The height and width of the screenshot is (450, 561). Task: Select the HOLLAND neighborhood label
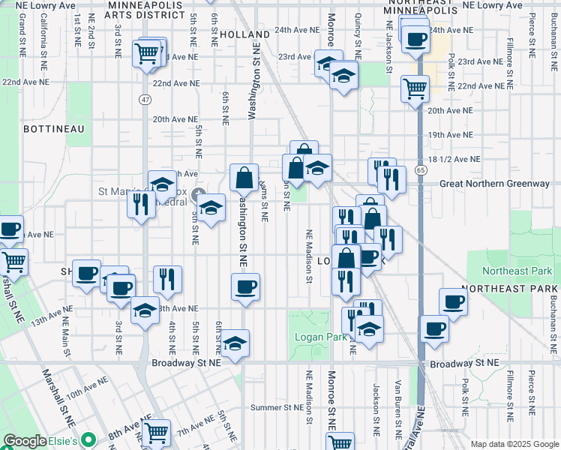tap(245, 35)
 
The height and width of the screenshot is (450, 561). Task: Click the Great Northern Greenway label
tap(494, 184)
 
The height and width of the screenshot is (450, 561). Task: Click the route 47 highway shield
tap(144, 99)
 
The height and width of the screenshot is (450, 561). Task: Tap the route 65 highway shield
tap(421, 171)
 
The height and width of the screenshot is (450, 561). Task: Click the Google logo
tap(25, 440)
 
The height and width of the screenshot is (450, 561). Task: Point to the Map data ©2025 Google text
tap(514, 444)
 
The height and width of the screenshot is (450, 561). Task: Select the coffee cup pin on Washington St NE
tap(246, 287)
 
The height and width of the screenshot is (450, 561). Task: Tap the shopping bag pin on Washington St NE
tap(244, 178)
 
